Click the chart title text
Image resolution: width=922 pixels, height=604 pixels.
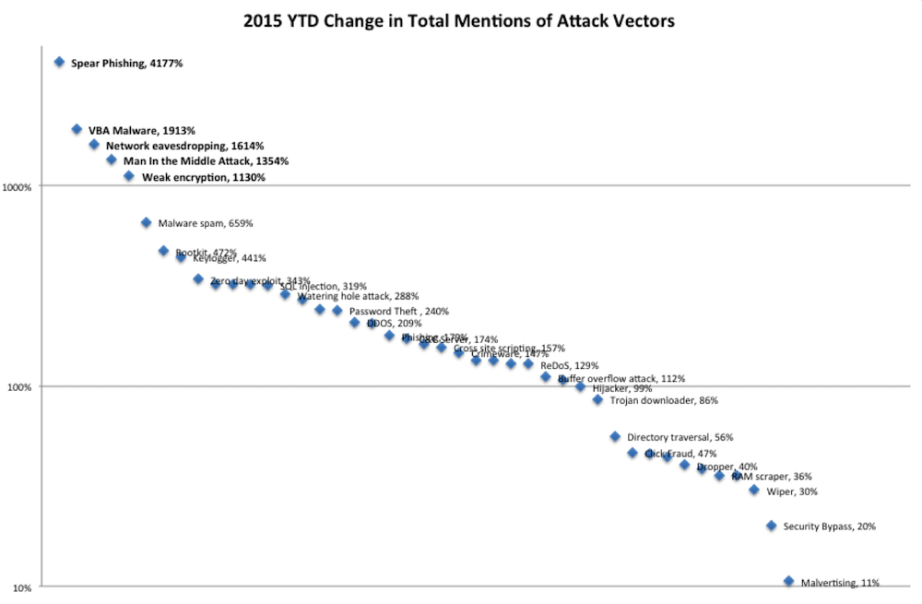pyautogui.click(x=458, y=19)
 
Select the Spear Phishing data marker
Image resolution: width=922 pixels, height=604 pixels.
pyautogui.click(x=59, y=62)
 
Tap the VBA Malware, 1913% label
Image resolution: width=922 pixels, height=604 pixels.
pyautogui.click(x=141, y=131)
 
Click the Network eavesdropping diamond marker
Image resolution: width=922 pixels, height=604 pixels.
pyautogui.click(x=94, y=145)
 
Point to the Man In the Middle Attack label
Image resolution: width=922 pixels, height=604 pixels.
pyautogui.click(x=206, y=161)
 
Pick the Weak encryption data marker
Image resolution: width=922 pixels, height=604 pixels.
pyautogui.click(x=129, y=176)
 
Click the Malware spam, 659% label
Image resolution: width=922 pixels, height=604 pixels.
pyautogui.click(x=205, y=223)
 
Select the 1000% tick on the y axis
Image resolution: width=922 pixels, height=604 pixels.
pyautogui.click(x=20, y=186)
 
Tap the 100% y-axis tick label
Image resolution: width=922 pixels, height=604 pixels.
pyautogui.click(x=22, y=387)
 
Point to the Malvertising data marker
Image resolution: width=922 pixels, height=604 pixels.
pyautogui.click(x=788, y=581)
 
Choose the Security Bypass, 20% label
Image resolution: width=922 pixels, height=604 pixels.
pyautogui.click(x=829, y=527)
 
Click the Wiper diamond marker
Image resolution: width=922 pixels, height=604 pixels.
pyautogui.click(x=754, y=490)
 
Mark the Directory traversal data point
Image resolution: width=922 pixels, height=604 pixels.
pyautogui.click(x=615, y=436)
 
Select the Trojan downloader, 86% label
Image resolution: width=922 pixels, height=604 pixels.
pyautogui.click(x=664, y=401)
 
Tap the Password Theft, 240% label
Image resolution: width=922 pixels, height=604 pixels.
pyautogui.click(x=398, y=312)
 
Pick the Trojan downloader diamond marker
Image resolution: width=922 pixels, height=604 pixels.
pyautogui.click(x=597, y=400)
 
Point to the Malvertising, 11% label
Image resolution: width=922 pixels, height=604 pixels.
pyautogui.click(x=839, y=583)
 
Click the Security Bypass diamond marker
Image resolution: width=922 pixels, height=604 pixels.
pyautogui.click(x=772, y=526)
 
